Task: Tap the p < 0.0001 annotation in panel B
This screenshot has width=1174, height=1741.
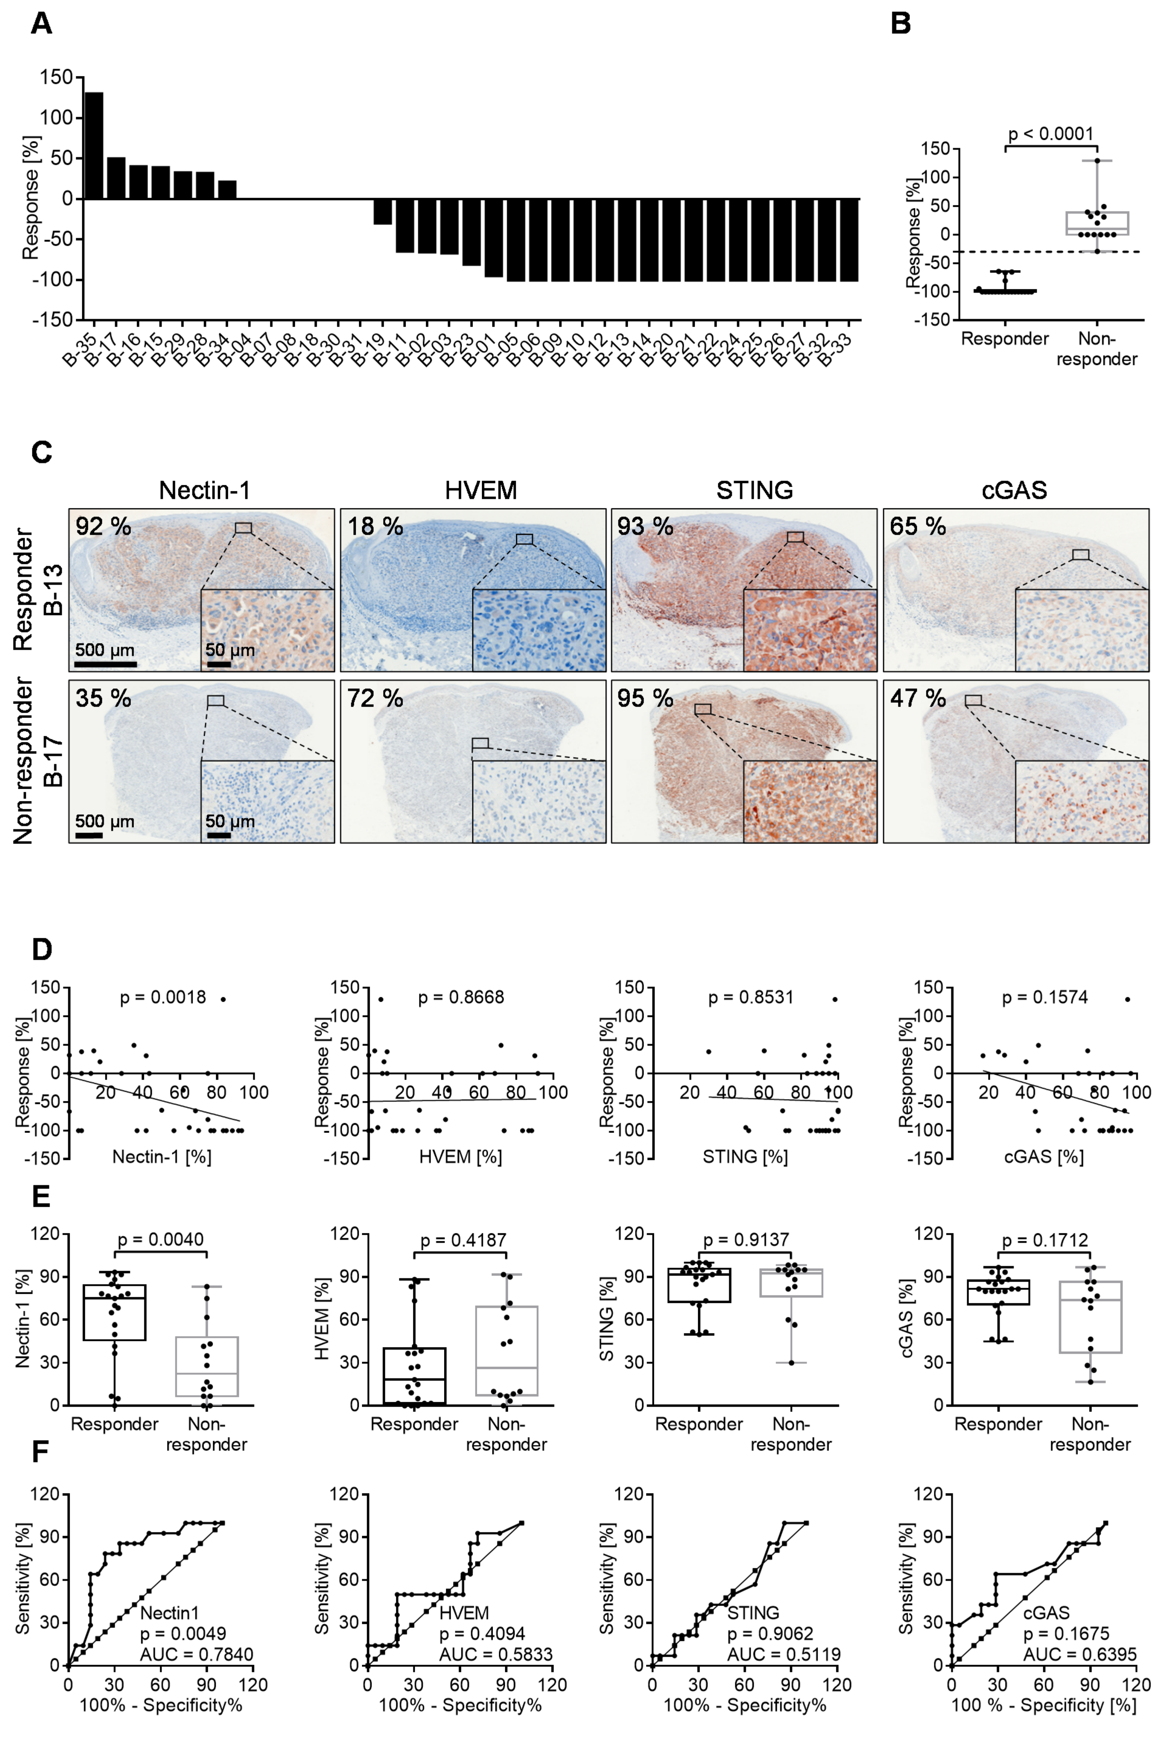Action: coord(1050,134)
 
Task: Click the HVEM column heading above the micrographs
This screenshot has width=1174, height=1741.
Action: coord(481,490)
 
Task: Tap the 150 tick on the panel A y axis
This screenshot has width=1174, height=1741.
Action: coord(57,77)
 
